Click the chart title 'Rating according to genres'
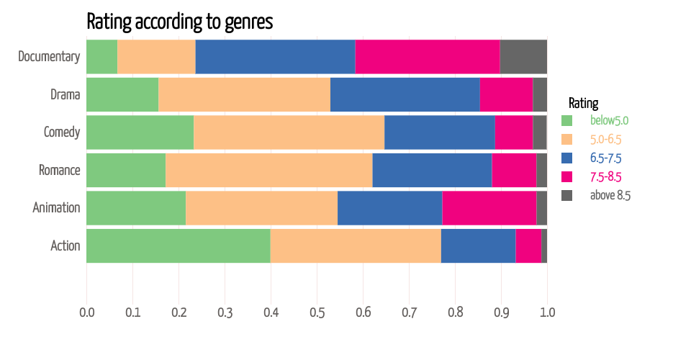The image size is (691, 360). [x=179, y=22]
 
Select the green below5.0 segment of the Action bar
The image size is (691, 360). [x=179, y=246]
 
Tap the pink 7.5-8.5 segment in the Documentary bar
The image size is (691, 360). [x=428, y=57]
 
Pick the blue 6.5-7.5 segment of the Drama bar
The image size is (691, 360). [x=405, y=94]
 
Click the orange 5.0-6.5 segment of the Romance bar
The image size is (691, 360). [x=268, y=170]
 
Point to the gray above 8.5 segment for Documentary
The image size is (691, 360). [x=523, y=57]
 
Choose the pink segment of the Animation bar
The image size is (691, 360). [x=489, y=208]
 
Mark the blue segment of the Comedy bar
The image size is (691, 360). [x=439, y=132]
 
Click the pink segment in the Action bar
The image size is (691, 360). [x=528, y=246]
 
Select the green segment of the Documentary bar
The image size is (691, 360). [x=101, y=57]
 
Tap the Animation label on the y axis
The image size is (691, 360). [x=56, y=208]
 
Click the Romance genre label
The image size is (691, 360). [x=59, y=171]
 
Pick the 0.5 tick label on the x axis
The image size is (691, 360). [x=317, y=312]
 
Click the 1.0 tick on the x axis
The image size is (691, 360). [x=547, y=312]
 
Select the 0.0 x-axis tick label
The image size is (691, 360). [x=86, y=312]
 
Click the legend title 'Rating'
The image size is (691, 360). [x=583, y=103]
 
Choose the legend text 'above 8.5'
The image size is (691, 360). [x=610, y=195]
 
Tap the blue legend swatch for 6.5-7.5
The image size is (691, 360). [x=566, y=158]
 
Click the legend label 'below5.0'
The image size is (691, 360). [x=609, y=120]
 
